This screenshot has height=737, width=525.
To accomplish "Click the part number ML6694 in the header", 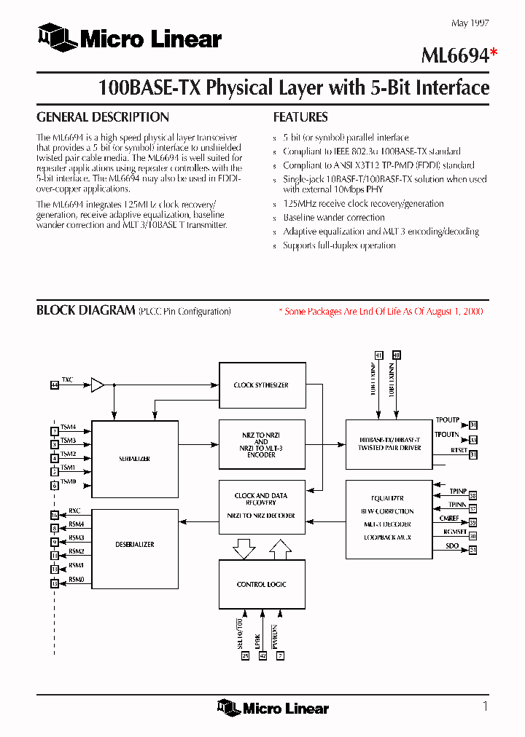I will coord(454,56).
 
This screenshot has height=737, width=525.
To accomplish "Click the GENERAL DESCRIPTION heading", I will coord(103,117).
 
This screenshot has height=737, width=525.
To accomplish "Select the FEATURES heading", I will coord(300,117).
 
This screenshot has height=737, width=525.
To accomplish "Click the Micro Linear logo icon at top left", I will coord(57,37).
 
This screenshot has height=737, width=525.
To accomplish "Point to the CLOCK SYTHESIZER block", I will coord(260,385).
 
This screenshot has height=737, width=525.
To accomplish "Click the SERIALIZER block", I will coord(134,460).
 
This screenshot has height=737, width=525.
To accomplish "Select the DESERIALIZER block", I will coord(134,545).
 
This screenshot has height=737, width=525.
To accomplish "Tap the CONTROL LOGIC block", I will coord(260,584).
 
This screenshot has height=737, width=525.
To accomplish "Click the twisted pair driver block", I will coord(389,444).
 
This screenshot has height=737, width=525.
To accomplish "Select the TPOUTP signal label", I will coord(447,421).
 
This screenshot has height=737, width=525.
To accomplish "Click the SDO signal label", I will coord(452,546).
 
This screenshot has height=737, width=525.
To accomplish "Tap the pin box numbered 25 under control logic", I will coord(245,656).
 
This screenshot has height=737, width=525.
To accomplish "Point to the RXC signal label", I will coord(75,511).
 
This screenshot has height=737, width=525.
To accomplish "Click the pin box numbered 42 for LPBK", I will coord(262,656).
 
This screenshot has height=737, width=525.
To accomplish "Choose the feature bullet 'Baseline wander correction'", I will coord(333,218).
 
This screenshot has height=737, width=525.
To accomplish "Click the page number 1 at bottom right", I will coord(485,706).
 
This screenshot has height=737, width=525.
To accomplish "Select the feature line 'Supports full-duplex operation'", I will coord(339,245).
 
